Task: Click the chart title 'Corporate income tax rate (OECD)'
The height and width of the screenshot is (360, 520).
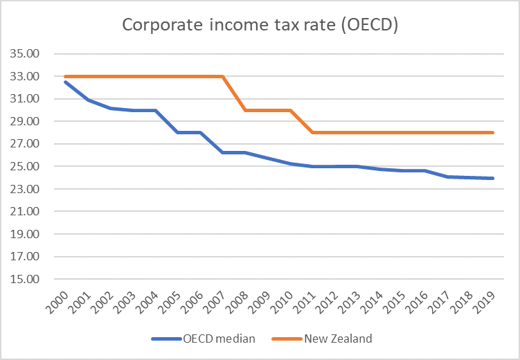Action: click(x=259, y=24)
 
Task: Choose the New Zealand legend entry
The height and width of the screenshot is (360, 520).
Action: click(x=337, y=339)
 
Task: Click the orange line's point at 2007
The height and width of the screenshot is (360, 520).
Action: click(x=223, y=76)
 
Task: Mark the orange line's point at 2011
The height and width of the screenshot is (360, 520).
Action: click(x=313, y=132)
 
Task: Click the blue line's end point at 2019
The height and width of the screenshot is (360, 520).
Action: click(x=492, y=178)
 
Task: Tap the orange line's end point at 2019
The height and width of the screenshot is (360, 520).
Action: click(x=492, y=132)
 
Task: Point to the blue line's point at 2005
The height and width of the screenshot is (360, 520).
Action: click(x=178, y=132)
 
